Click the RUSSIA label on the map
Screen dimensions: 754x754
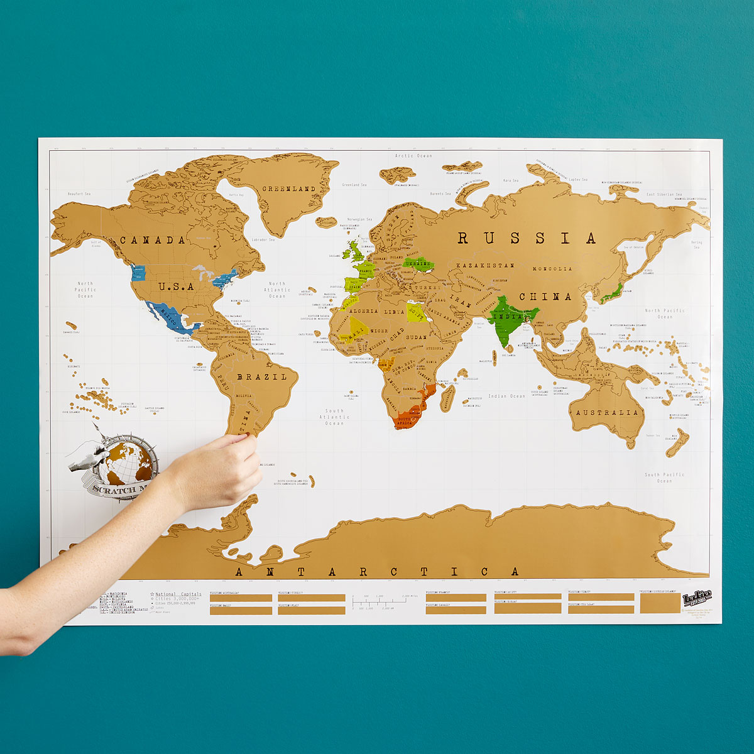point(526,238)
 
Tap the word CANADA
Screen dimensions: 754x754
point(153,240)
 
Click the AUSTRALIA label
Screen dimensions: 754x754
point(607,413)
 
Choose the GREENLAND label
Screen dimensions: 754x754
point(288,188)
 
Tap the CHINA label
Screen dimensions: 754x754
point(545,297)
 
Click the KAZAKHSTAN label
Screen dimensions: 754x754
point(486,266)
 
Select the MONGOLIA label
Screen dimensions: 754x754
point(552,269)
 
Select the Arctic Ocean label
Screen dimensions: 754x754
point(413,156)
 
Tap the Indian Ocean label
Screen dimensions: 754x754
point(506,396)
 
